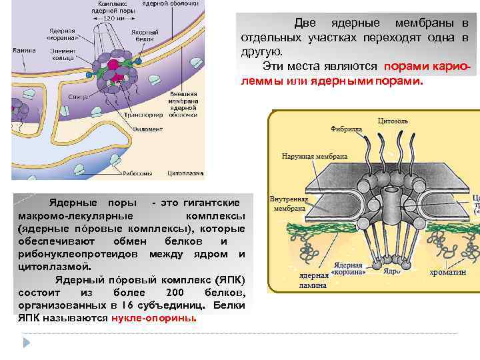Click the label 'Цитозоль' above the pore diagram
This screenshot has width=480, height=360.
click(x=393, y=121)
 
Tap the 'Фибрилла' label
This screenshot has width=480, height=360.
click(x=347, y=129)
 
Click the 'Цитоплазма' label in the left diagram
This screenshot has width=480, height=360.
click(x=185, y=170)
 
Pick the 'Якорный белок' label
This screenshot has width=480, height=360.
click(x=145, y=36)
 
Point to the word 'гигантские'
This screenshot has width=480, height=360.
click(x=202, y=201)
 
